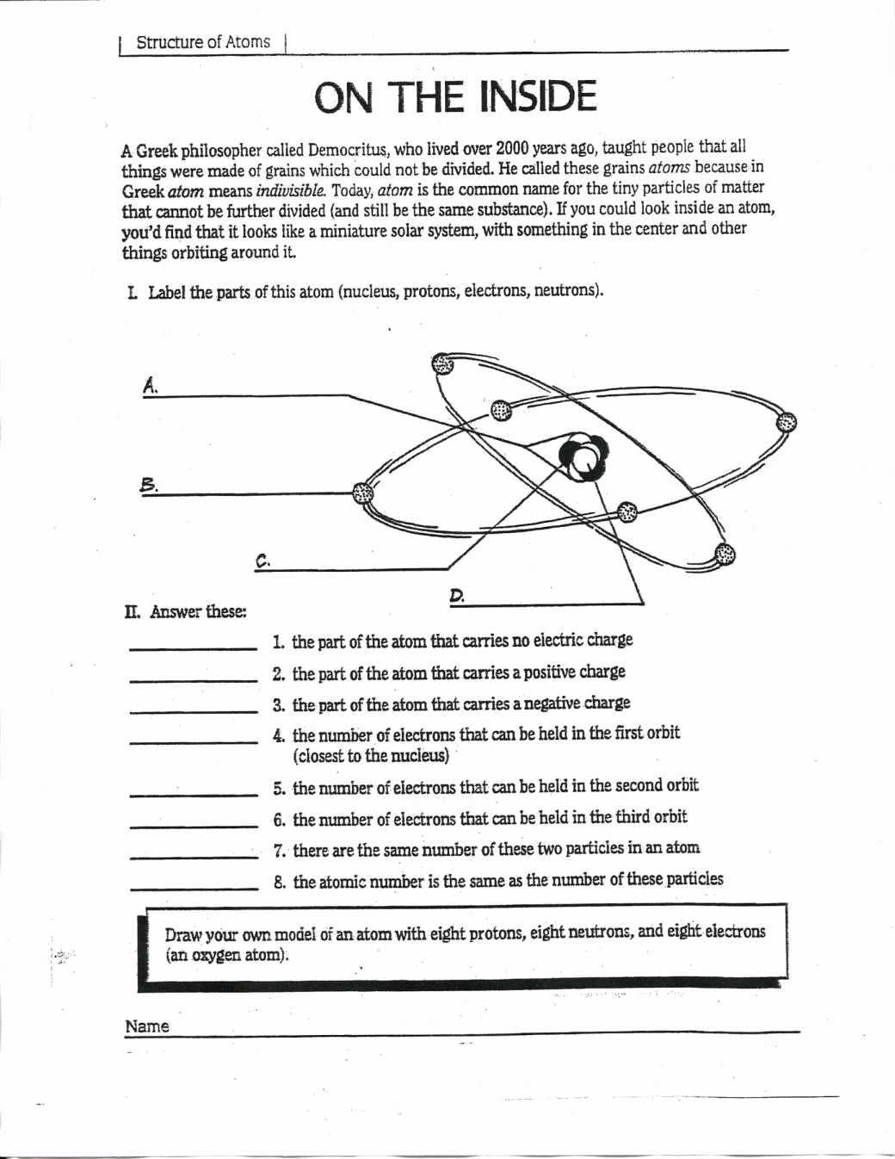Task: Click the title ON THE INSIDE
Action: point(454,96)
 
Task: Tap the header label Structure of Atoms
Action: point(203,42)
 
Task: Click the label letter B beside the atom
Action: point(148,484)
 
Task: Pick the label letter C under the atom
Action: point(263,560)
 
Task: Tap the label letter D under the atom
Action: point(457,595)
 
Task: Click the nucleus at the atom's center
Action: point(583,455)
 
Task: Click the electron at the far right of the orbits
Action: point(787,421)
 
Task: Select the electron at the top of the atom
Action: point(442,363)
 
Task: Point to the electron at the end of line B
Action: point(363,493)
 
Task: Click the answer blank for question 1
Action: point(193,648)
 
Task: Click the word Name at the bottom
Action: point(147,1026)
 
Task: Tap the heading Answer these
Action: point(197,612)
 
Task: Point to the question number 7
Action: point(279,850)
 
